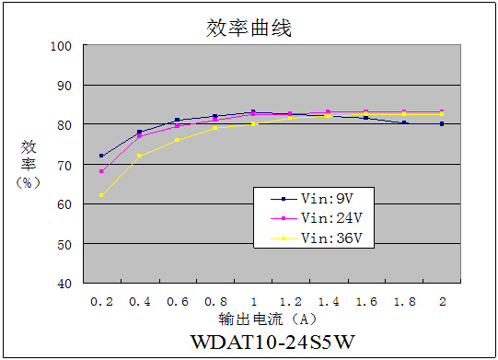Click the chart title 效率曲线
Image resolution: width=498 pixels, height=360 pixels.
[x=249, y=28]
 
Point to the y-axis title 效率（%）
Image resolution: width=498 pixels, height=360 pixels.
[x=29, y=164]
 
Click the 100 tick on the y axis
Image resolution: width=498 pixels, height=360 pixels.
[x=61, y=46]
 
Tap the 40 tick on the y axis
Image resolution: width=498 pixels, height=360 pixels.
[x=64, y=284]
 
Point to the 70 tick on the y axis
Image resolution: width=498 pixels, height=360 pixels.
[x=64, y=165]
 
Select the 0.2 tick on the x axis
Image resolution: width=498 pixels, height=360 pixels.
[x=101, y=300]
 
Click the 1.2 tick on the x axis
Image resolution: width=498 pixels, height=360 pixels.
[x=291, y=300]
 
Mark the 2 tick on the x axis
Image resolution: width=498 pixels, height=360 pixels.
[x=442, y=300]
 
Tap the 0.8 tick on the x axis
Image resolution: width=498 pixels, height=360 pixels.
[x=214, y=300]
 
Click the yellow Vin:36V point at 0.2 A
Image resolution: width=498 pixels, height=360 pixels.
[x=101, y=195]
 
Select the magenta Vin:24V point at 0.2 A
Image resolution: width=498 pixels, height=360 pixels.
[x=101, y=171]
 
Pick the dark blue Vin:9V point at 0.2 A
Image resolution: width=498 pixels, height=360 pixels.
[x=101, y=156]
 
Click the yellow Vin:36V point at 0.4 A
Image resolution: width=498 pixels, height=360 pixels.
[x=139, y=156]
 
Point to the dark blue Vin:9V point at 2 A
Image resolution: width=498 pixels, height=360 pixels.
[x=442, y=123]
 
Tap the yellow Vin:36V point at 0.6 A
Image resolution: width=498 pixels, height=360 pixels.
[x=177, y=140]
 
